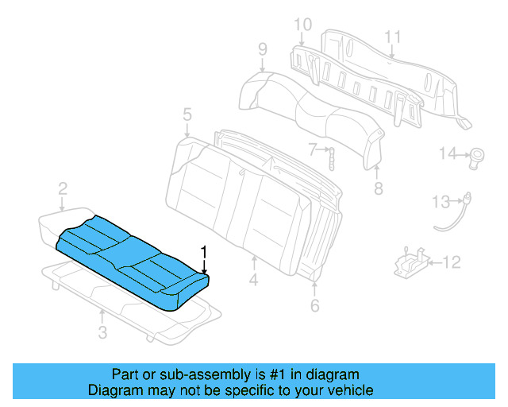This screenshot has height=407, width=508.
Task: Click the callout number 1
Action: (x=205, y=253)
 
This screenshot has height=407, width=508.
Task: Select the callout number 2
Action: (x=62, y=188)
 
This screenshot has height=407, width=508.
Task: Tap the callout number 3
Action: (x=102, y=333)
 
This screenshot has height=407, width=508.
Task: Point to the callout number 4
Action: (x=254, y=279)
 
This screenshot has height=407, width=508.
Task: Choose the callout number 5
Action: (x=187, y=116)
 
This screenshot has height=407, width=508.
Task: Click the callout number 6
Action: (x=315, y=304)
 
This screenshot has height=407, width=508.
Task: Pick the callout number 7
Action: (x=314, y=148)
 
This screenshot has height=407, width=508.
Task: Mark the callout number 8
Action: (x=378, y=188)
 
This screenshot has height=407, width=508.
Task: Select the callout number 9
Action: (x=262, y=51)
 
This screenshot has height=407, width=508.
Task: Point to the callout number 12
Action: (x=451, y=262)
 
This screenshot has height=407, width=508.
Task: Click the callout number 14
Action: (x=449, y=153)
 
